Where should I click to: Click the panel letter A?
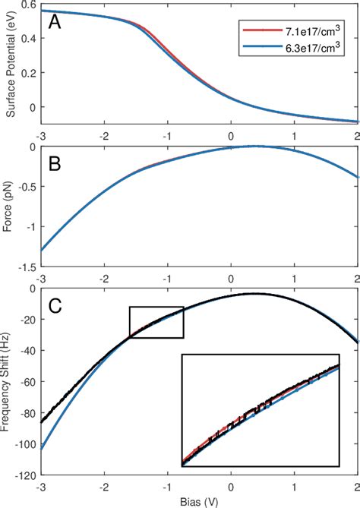[x=55, y=23]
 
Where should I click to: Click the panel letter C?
[x=55, y=306]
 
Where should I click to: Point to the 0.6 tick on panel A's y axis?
[x=30, y=5]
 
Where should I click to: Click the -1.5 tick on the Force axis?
[x=28, y=267]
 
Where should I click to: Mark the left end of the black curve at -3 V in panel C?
[x=42, y=421]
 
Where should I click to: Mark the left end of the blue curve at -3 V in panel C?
[x=42, y=449]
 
